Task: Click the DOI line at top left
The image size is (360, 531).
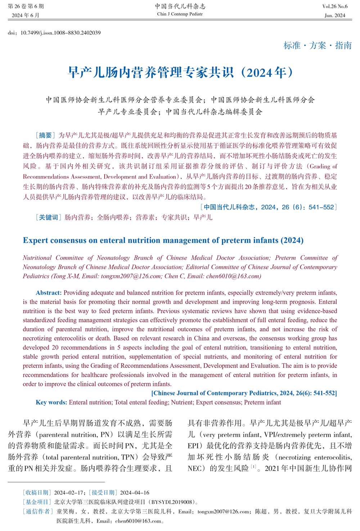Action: click(x=54, y=33)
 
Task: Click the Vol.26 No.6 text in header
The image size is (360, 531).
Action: click(x=335, y=6)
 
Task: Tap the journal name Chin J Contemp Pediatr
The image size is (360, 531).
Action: click(x=180, y=14)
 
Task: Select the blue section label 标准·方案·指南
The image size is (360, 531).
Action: click(x=318, y=46)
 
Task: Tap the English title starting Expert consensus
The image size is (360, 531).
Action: click(x=163, y=240)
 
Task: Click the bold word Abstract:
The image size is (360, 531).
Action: click(x=49, y=293)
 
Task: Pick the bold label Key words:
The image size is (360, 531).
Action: click(x=51, y=402)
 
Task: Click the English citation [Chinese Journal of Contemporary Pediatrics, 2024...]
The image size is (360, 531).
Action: click(x=244, y=393)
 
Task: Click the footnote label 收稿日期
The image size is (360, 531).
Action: click(x=37, y=493)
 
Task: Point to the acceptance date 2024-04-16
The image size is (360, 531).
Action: click(x=135, y=493)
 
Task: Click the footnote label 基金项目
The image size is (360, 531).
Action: click(x=37, y=502)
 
